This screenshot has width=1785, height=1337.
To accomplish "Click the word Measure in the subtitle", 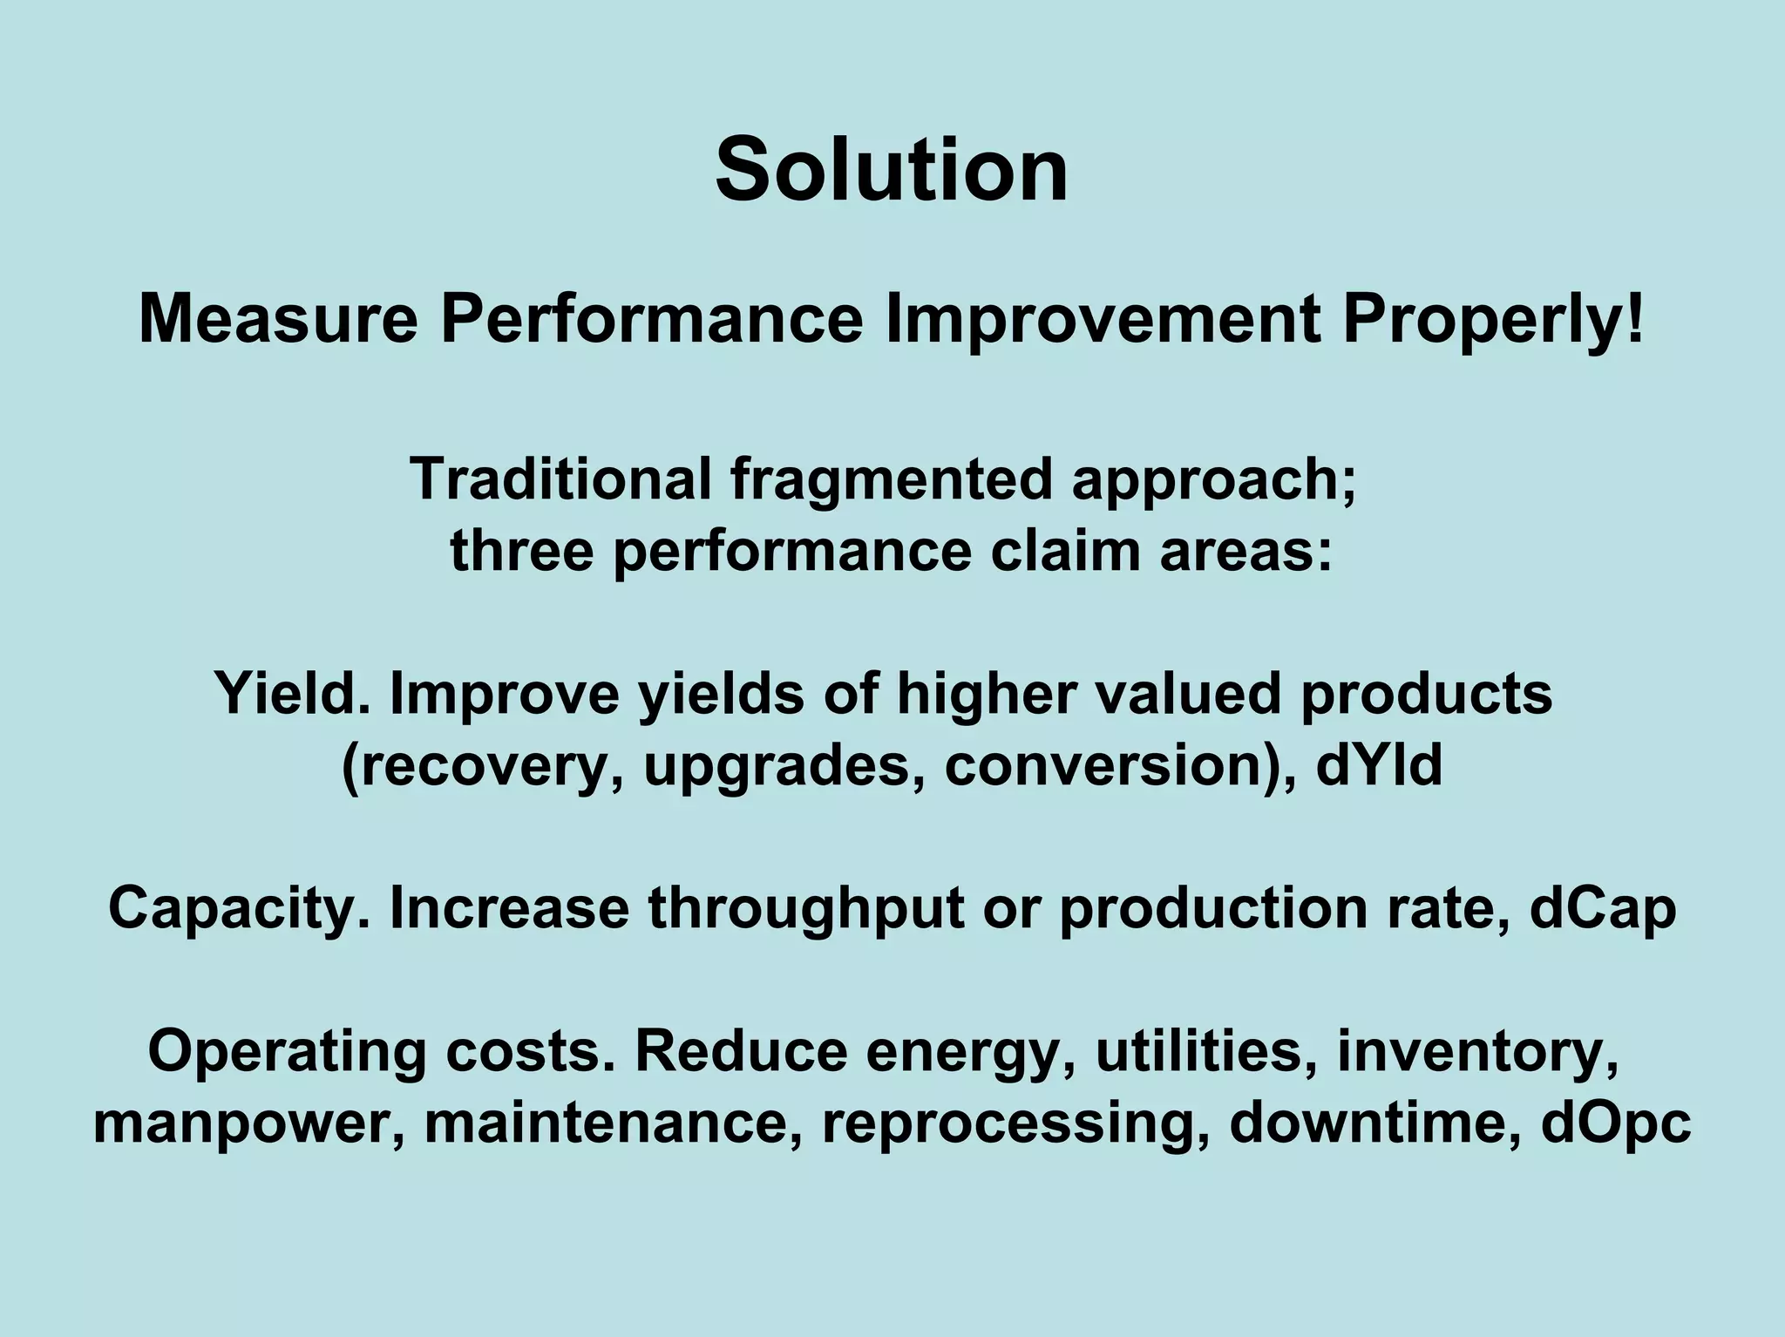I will (278, 320).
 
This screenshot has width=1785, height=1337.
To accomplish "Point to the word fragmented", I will (891, 479).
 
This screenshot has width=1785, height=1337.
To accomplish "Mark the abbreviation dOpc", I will (1616, 1123).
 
